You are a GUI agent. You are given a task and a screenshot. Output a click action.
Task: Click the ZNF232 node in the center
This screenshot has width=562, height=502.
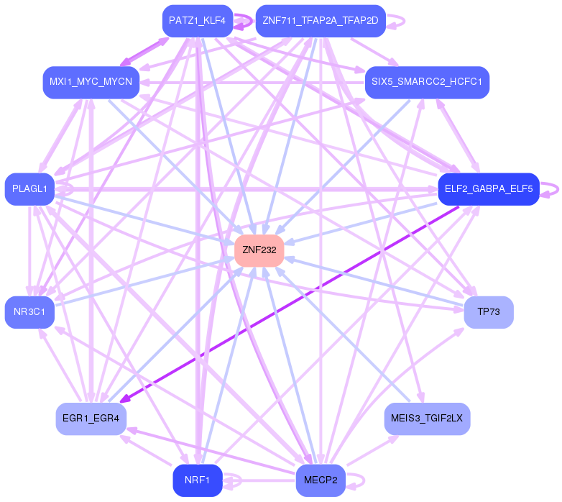(259, 250)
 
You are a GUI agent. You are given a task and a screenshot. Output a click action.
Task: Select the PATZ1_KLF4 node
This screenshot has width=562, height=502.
(198, 21)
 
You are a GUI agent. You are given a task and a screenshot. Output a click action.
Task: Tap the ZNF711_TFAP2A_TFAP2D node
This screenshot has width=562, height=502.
(321, 21)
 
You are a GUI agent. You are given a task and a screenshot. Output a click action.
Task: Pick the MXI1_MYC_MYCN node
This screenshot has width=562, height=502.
(91, 82)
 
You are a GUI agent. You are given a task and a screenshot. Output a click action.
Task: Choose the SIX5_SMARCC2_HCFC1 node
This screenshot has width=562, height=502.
(427, 82)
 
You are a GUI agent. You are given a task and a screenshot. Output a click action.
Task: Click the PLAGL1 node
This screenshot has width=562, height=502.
(29, 189)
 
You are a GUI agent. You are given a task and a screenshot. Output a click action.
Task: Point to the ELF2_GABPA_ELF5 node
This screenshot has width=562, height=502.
(489, 189)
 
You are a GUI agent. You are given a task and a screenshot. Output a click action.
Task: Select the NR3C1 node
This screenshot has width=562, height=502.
(29, 312)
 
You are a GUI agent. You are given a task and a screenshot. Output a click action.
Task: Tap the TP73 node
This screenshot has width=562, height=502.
(489, 312)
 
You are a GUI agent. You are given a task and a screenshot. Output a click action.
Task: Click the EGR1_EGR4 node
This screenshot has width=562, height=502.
(91, 419)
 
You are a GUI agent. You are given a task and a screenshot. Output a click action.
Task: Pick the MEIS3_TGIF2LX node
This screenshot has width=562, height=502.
(427, 419)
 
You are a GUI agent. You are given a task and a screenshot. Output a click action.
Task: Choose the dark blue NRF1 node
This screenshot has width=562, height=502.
(198, 480)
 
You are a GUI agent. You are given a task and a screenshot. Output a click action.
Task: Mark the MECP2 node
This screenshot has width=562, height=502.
(321, 480)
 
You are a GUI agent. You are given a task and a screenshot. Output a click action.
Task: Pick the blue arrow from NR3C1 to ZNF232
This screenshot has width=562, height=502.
(144, 280)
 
